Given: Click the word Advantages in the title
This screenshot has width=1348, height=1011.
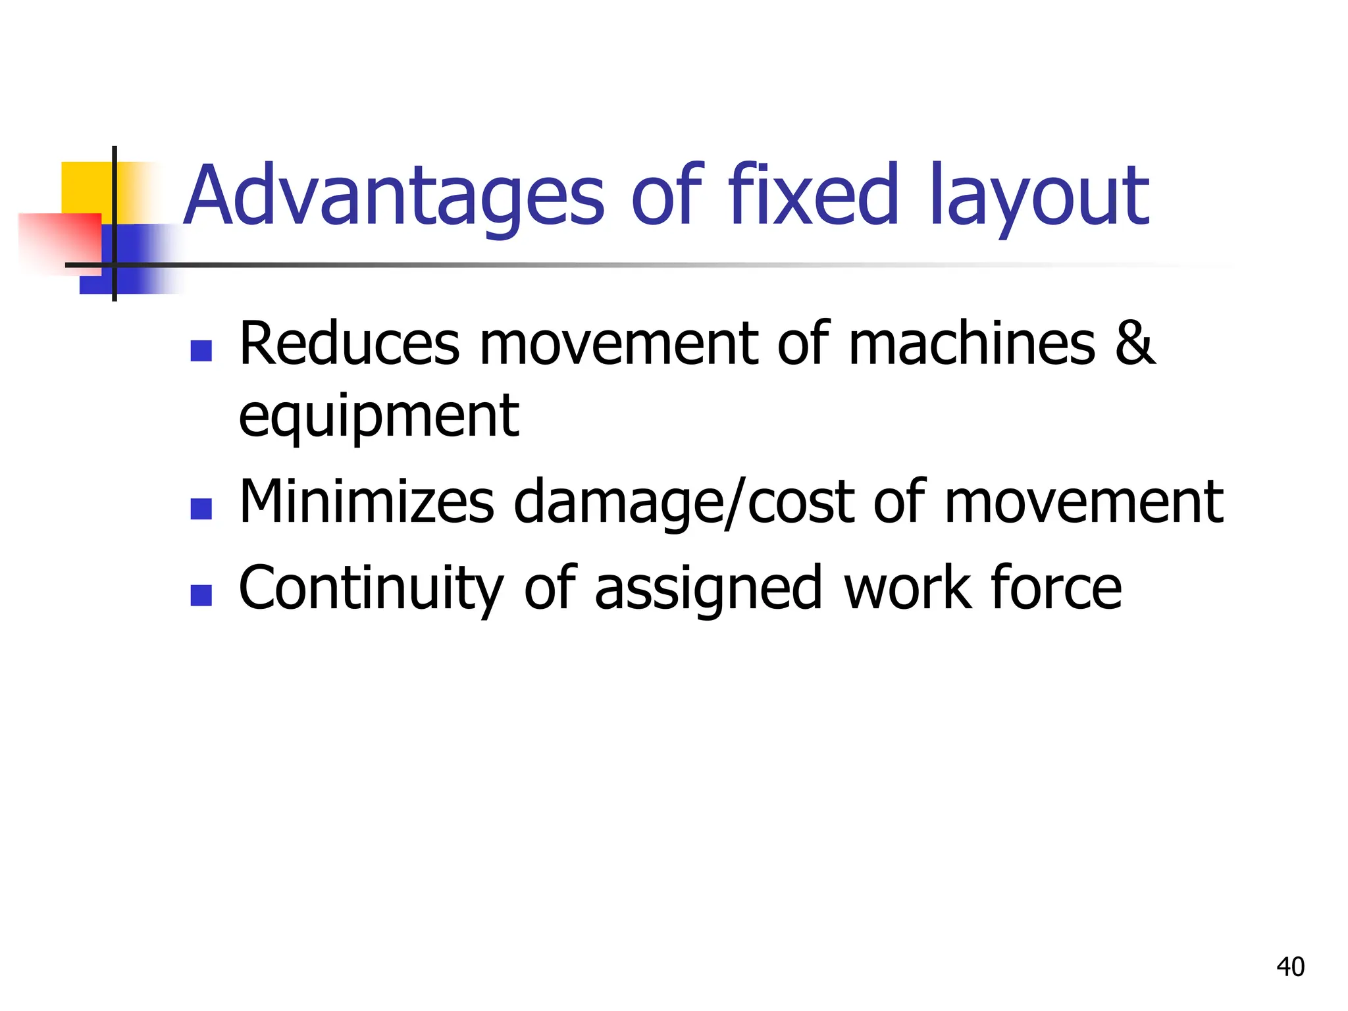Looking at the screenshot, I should pyautogui.click(x=393, y=196).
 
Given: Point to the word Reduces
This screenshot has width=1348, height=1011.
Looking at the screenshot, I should pyautogui.click(x=349, y=344).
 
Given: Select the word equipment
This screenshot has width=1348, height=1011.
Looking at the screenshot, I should pyautogui.click(x=378, y=417).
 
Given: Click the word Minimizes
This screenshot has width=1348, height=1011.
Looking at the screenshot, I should pyautogui.click(x=366, y=502).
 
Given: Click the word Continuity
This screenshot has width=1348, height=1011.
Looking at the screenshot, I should pyautogui.click(x=371, y=588).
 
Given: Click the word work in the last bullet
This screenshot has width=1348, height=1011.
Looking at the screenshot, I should pyautogui.click(x=907, y=587).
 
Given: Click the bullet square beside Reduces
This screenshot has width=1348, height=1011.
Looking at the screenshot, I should pyautogui.click(x=201, y=351).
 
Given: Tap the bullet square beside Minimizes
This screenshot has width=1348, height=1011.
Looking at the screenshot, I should pyautogui.click(x=201, y=509).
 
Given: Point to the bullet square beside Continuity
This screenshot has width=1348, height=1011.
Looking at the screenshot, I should pyautogui.click(x=201, y=595).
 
